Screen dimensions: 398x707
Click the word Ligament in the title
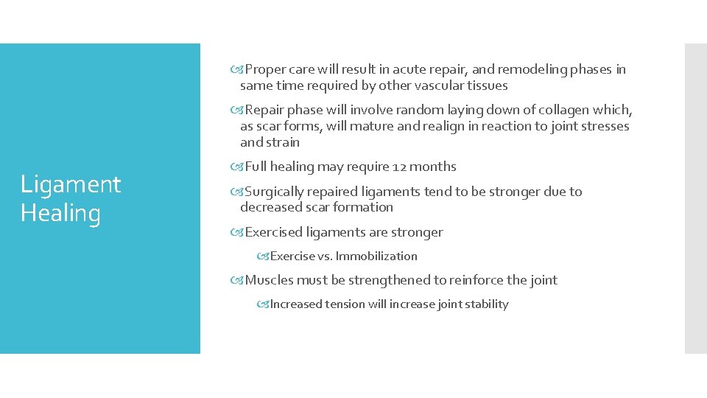pos(71,184)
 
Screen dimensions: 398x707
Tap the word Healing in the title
pos(60,213)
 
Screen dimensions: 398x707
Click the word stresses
pos(602,126)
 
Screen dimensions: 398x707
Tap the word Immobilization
pos(376,256)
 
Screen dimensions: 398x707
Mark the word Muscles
pos(269,280)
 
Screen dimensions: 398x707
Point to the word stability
pos(485,304)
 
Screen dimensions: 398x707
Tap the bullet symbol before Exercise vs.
pos(263,256)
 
